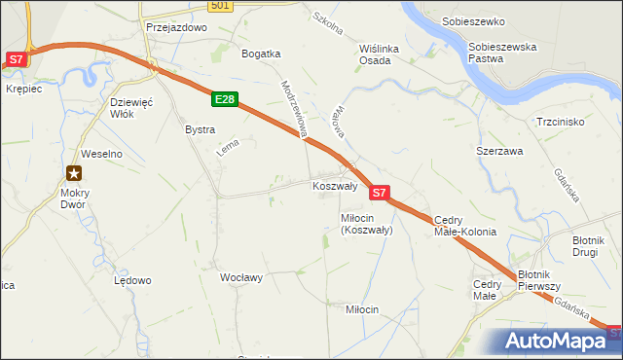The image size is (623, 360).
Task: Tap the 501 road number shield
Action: tap(221, 6)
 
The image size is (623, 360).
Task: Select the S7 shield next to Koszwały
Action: tap(380, 193)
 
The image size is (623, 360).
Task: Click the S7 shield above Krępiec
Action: tap(16, 59)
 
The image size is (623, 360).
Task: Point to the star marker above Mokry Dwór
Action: tap(74, 174)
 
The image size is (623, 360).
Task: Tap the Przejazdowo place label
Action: tap(176, 28)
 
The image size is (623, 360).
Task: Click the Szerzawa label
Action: tap(499, 153)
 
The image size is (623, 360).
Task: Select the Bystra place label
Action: tap(200, 128)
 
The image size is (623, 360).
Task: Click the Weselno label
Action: tap(100, 154)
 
